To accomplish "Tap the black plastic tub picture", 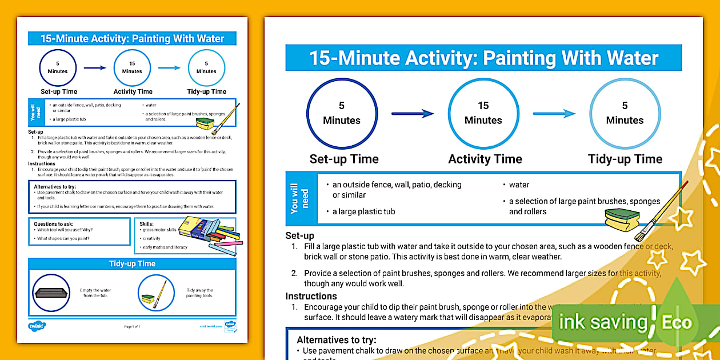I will click(51, 293).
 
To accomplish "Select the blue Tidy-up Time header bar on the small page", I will click(132, 263).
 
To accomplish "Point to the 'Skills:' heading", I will click(147, 224).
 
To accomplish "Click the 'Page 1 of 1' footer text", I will click(132, 326).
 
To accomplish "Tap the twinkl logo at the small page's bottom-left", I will click(37, 326).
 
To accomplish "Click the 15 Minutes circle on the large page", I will click(483, 113).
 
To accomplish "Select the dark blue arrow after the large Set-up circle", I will click(413, 114).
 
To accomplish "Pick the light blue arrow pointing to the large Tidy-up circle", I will click(554, 114).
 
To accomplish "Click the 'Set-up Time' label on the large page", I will click(344, 159).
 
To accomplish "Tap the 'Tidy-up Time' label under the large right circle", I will click(625, 159).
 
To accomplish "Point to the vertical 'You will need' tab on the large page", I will click(299, 198).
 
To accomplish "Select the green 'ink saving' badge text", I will click(602, 322).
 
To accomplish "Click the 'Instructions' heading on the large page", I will click(311, 296).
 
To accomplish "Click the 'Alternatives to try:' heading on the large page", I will click(337, 340).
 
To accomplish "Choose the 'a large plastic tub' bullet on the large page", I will click(364, 211).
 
